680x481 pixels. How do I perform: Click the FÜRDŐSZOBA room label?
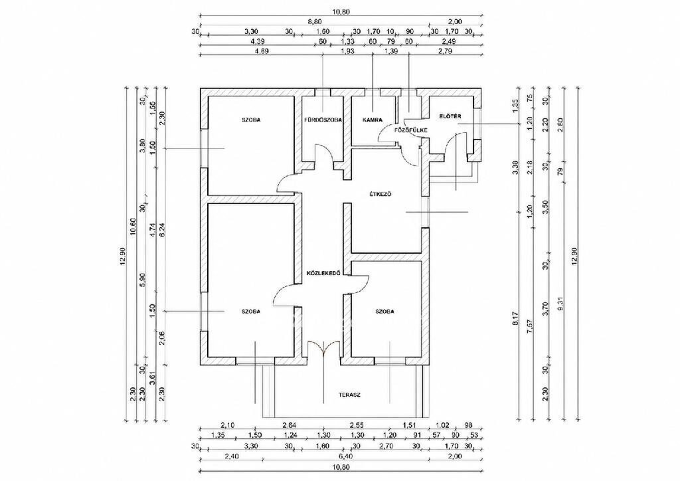coord(323,120)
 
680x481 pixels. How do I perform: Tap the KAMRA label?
coord(372,120)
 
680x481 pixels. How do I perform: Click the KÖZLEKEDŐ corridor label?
coord(322,274)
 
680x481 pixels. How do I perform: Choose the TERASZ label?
coord(349,395)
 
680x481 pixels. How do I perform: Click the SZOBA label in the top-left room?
coord(251,120)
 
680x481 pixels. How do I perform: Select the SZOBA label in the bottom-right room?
coord(385,312)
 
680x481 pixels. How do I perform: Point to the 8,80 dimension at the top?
coord(314,22)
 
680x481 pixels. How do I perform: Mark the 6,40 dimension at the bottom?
coord(313,456)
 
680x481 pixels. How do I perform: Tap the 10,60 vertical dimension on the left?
coord(133,239)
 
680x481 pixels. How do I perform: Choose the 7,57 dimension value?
coord(529,325)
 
